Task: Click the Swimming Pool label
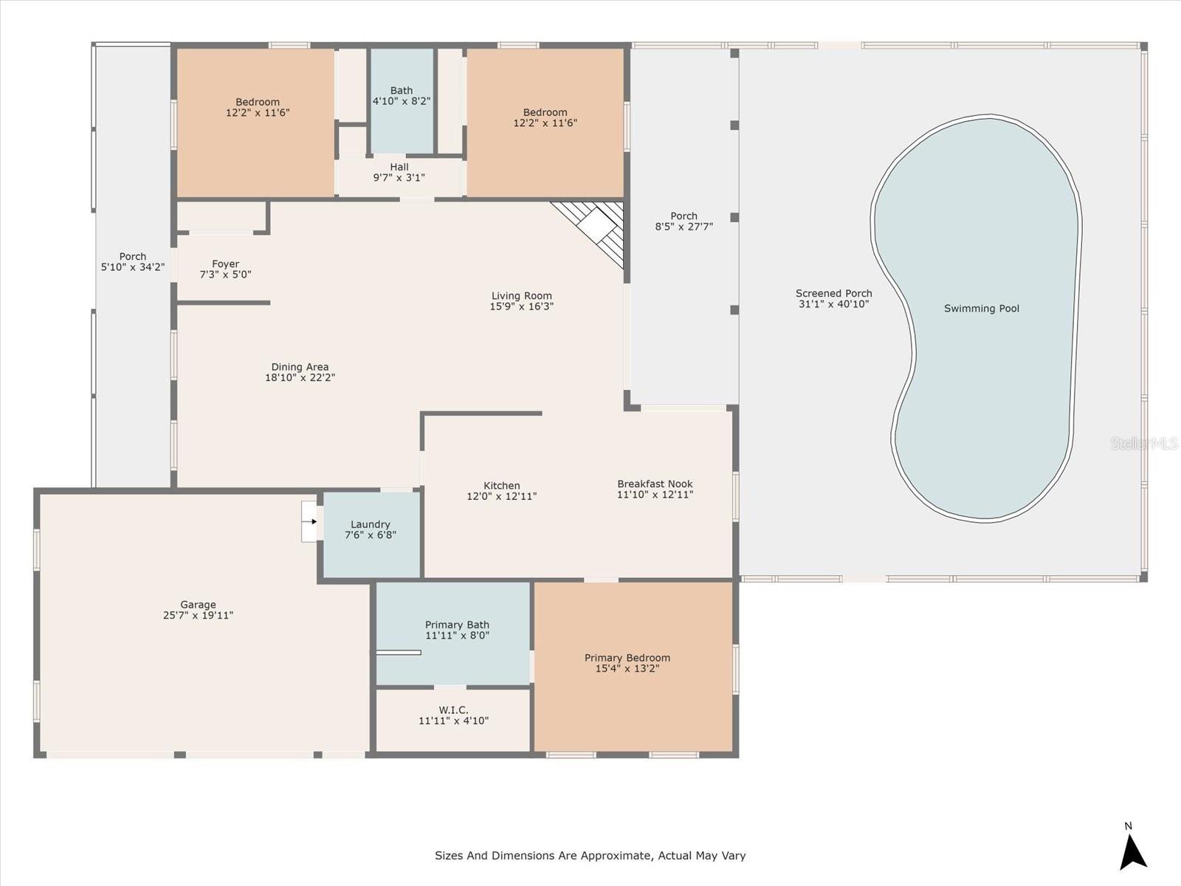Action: point(981,309)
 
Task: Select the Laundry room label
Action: point(370,524)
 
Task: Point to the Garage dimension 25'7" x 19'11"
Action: point(198,615)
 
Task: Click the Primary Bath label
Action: point(457,625)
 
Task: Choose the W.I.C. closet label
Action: point(453,710)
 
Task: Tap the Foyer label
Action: point(225,264)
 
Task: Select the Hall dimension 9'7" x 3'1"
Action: point(399,178)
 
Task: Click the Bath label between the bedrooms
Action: point(402,91)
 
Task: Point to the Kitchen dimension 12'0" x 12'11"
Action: point(501,496)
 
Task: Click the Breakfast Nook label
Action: point(655,484)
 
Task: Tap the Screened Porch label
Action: point(833,293)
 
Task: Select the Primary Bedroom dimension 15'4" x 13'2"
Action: point(627,669)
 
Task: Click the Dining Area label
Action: point(300,367)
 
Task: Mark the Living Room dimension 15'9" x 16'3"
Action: point(521,306)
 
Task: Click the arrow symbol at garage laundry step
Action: point(313,521)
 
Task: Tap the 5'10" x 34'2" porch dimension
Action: point(133,267)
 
